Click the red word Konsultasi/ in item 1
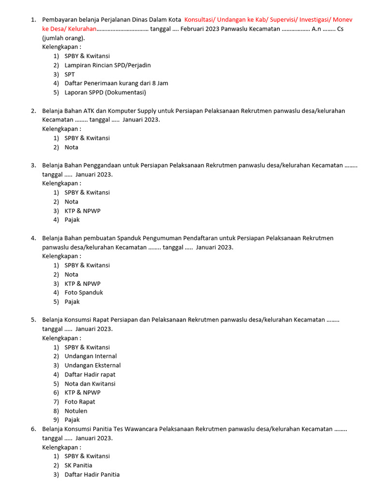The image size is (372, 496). tap(200, 19)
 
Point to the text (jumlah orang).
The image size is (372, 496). tap(63, 38)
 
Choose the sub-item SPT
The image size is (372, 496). tap(70, 74)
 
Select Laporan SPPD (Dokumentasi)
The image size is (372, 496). tap(105, 92)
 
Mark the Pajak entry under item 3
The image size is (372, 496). tap(72, 219)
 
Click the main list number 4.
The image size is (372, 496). tap(33, 238)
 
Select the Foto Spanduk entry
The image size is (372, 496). tap(84, 293)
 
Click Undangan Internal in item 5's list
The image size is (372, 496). tap(91, 356)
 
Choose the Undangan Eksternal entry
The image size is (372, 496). tap(93, 365)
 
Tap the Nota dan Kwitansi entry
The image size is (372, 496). tap(90, 384)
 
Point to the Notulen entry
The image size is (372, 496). tap(76, 411)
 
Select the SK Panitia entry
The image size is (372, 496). tap(78, 465)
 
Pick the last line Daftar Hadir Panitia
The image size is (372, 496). tap(92, 474)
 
